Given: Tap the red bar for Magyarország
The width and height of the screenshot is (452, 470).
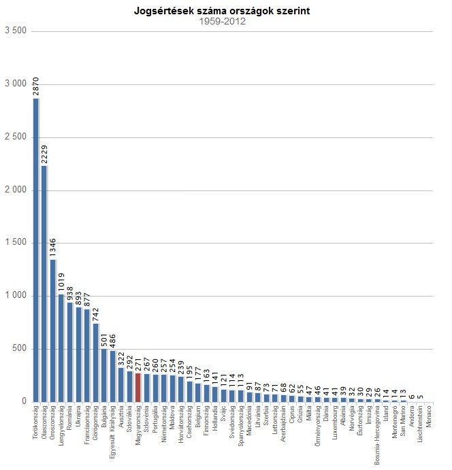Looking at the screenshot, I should click(138, 387).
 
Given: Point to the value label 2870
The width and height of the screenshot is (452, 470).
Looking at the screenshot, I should click(36, 86).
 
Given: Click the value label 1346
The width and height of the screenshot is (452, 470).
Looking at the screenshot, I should click(53, 248).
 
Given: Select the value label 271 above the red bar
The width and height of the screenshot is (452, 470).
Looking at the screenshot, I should click(138, 363).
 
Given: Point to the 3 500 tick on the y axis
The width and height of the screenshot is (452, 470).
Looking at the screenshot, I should click(15, 31).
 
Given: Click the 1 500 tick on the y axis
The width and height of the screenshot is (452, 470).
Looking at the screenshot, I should click(15, 243).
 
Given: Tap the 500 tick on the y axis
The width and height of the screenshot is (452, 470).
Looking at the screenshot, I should click(19, 349).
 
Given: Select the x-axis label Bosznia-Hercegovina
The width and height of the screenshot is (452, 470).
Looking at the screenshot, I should click(377, 435).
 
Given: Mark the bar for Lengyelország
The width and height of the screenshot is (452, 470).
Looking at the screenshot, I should click(61, 348).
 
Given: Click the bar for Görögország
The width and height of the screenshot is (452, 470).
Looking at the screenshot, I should click(96, 362).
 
